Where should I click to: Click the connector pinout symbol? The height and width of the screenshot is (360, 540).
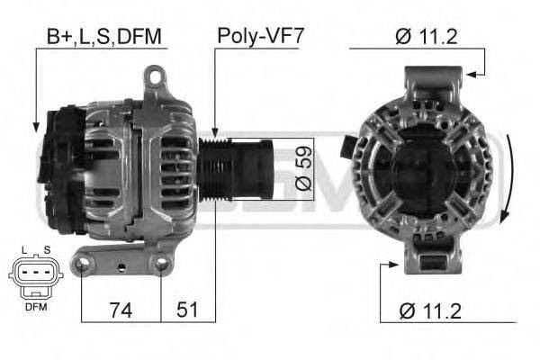[34, 276]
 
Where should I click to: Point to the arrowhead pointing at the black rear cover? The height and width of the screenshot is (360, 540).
[35, 127]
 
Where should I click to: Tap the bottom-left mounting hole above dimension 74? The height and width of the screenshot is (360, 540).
[83, 264]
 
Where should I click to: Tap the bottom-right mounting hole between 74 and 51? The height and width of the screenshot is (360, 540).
[162, 263]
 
